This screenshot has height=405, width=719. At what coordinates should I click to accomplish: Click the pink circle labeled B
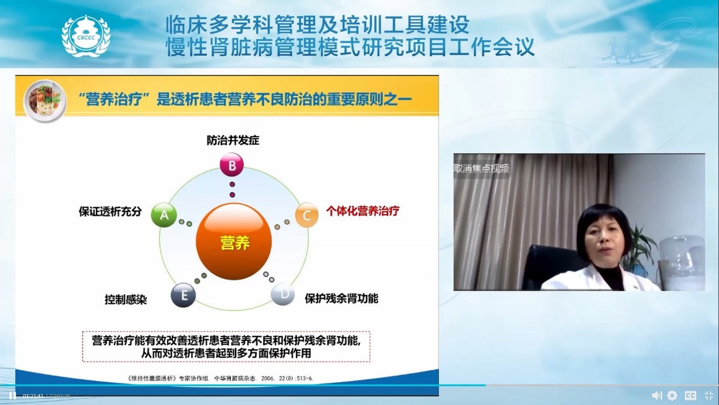(x=232, y=164)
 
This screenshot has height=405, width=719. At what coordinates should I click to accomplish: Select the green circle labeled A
(x=164, y=214)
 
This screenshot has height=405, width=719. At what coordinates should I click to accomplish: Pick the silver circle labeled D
(x=283, y=294)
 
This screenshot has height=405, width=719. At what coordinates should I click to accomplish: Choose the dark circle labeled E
(x=183, y=295)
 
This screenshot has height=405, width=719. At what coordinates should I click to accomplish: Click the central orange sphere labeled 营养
(x=234, y=243)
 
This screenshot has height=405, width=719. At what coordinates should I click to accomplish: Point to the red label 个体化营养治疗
(x=362, y=211)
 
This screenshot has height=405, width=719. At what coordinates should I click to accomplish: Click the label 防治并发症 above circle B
(x=233, y=141)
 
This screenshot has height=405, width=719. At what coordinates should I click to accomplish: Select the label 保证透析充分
(x=110, y=211)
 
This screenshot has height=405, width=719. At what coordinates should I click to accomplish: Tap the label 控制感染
(x=126, y=300)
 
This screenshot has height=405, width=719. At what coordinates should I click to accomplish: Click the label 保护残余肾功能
(x=342, y=298)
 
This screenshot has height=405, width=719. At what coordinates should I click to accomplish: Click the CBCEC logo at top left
(x=86, y=35)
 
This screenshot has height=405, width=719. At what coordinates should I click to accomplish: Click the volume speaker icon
(x=656, y=395)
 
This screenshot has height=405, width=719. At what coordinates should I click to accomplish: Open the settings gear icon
(x=672, y=395)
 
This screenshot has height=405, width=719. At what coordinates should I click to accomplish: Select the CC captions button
(x=690, y=395)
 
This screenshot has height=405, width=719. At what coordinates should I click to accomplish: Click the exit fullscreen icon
(x=708, y=395)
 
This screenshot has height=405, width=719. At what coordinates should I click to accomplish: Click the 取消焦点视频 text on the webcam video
(x=482, y=168)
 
